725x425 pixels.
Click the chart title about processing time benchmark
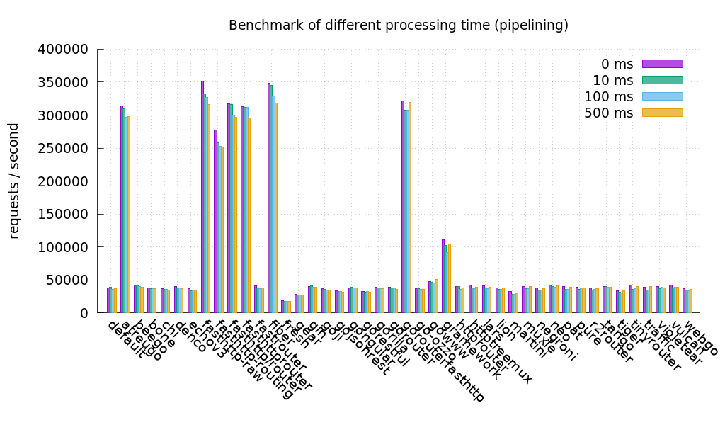(398, 25)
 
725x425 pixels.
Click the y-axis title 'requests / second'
(14, 181)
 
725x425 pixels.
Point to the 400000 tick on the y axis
(62, 50)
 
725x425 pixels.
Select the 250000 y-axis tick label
(62, 149)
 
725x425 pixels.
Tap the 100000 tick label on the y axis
(62, 247)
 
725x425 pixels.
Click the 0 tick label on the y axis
(84, 313)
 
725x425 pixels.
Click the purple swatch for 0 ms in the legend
(662, 64)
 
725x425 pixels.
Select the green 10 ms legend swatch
(662, 80)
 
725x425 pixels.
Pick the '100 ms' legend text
(608, 96)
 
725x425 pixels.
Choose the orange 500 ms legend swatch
(662, 113)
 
